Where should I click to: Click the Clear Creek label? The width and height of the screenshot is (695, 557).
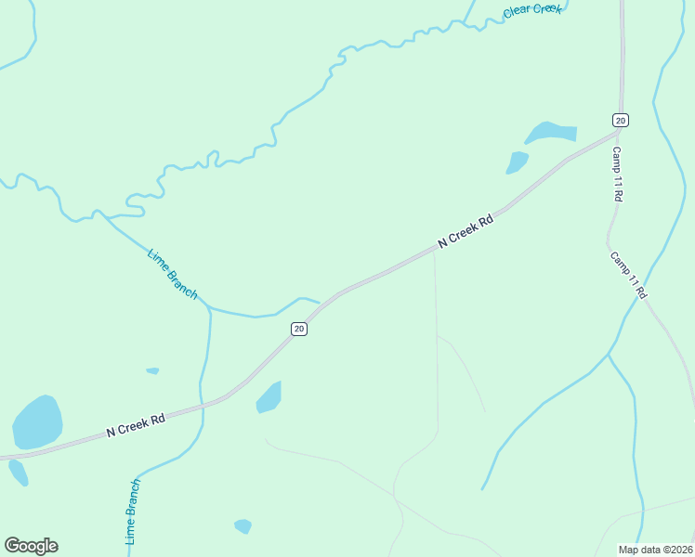click(x=532, y=10)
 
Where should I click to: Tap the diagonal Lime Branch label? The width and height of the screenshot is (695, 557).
click(x=173, y=273)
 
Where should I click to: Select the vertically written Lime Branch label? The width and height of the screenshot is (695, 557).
click(x=133, y=512)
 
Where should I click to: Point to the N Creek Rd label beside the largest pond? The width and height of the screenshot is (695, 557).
click(x=135, y=425)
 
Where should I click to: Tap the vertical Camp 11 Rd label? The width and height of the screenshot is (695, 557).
click(x=616, y=175)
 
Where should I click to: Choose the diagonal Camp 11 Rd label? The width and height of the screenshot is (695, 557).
click(x=628, y=275)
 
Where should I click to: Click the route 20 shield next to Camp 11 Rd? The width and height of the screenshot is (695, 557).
click(x=621, y=120)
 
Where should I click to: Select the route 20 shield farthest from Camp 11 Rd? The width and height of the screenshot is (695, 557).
click(x=298, y=329)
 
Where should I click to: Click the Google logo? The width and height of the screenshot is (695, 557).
click(x=31, y=546)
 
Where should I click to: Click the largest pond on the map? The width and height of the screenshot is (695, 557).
click(x=37, y=421)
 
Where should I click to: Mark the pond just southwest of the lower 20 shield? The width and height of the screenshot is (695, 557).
click(x=269, y=397)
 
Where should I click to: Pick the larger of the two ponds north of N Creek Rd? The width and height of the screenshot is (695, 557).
click(x=551, y=132)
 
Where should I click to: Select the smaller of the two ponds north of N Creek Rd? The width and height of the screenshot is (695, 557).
click(x=517, y=162)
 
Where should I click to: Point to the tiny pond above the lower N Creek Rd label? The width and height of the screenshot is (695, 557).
click(x=152, y=371)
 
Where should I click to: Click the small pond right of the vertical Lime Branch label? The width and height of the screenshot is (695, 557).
click(x=243, y=526)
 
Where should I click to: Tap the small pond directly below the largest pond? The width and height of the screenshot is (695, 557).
click(x=19, y=473)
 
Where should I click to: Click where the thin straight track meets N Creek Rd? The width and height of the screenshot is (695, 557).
click(x=435, y=252)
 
